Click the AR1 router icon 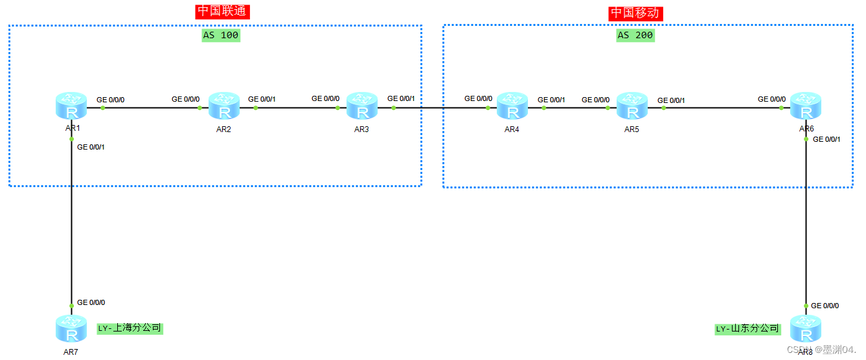(x=71, y=106)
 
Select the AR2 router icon (x=224, y=106)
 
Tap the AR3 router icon (x=362, y=106)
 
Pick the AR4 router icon (x=512, y=106)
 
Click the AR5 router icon (x=632, y=106)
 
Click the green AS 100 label (x=220, y=36)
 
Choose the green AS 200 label (x=635, y=36)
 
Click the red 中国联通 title (x=222, y=12)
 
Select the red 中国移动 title (x=636, y=13)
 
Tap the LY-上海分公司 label (x=130, y=328)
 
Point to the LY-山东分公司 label (x=747, y=329)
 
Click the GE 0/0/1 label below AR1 (x=91, y=147)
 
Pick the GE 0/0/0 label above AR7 (x=91, y=302)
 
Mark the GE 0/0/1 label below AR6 (x=826, y=139)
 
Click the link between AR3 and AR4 (x=440, y=107)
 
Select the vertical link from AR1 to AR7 (x=71, y=220)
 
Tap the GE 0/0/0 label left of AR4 (x=478, y=99)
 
